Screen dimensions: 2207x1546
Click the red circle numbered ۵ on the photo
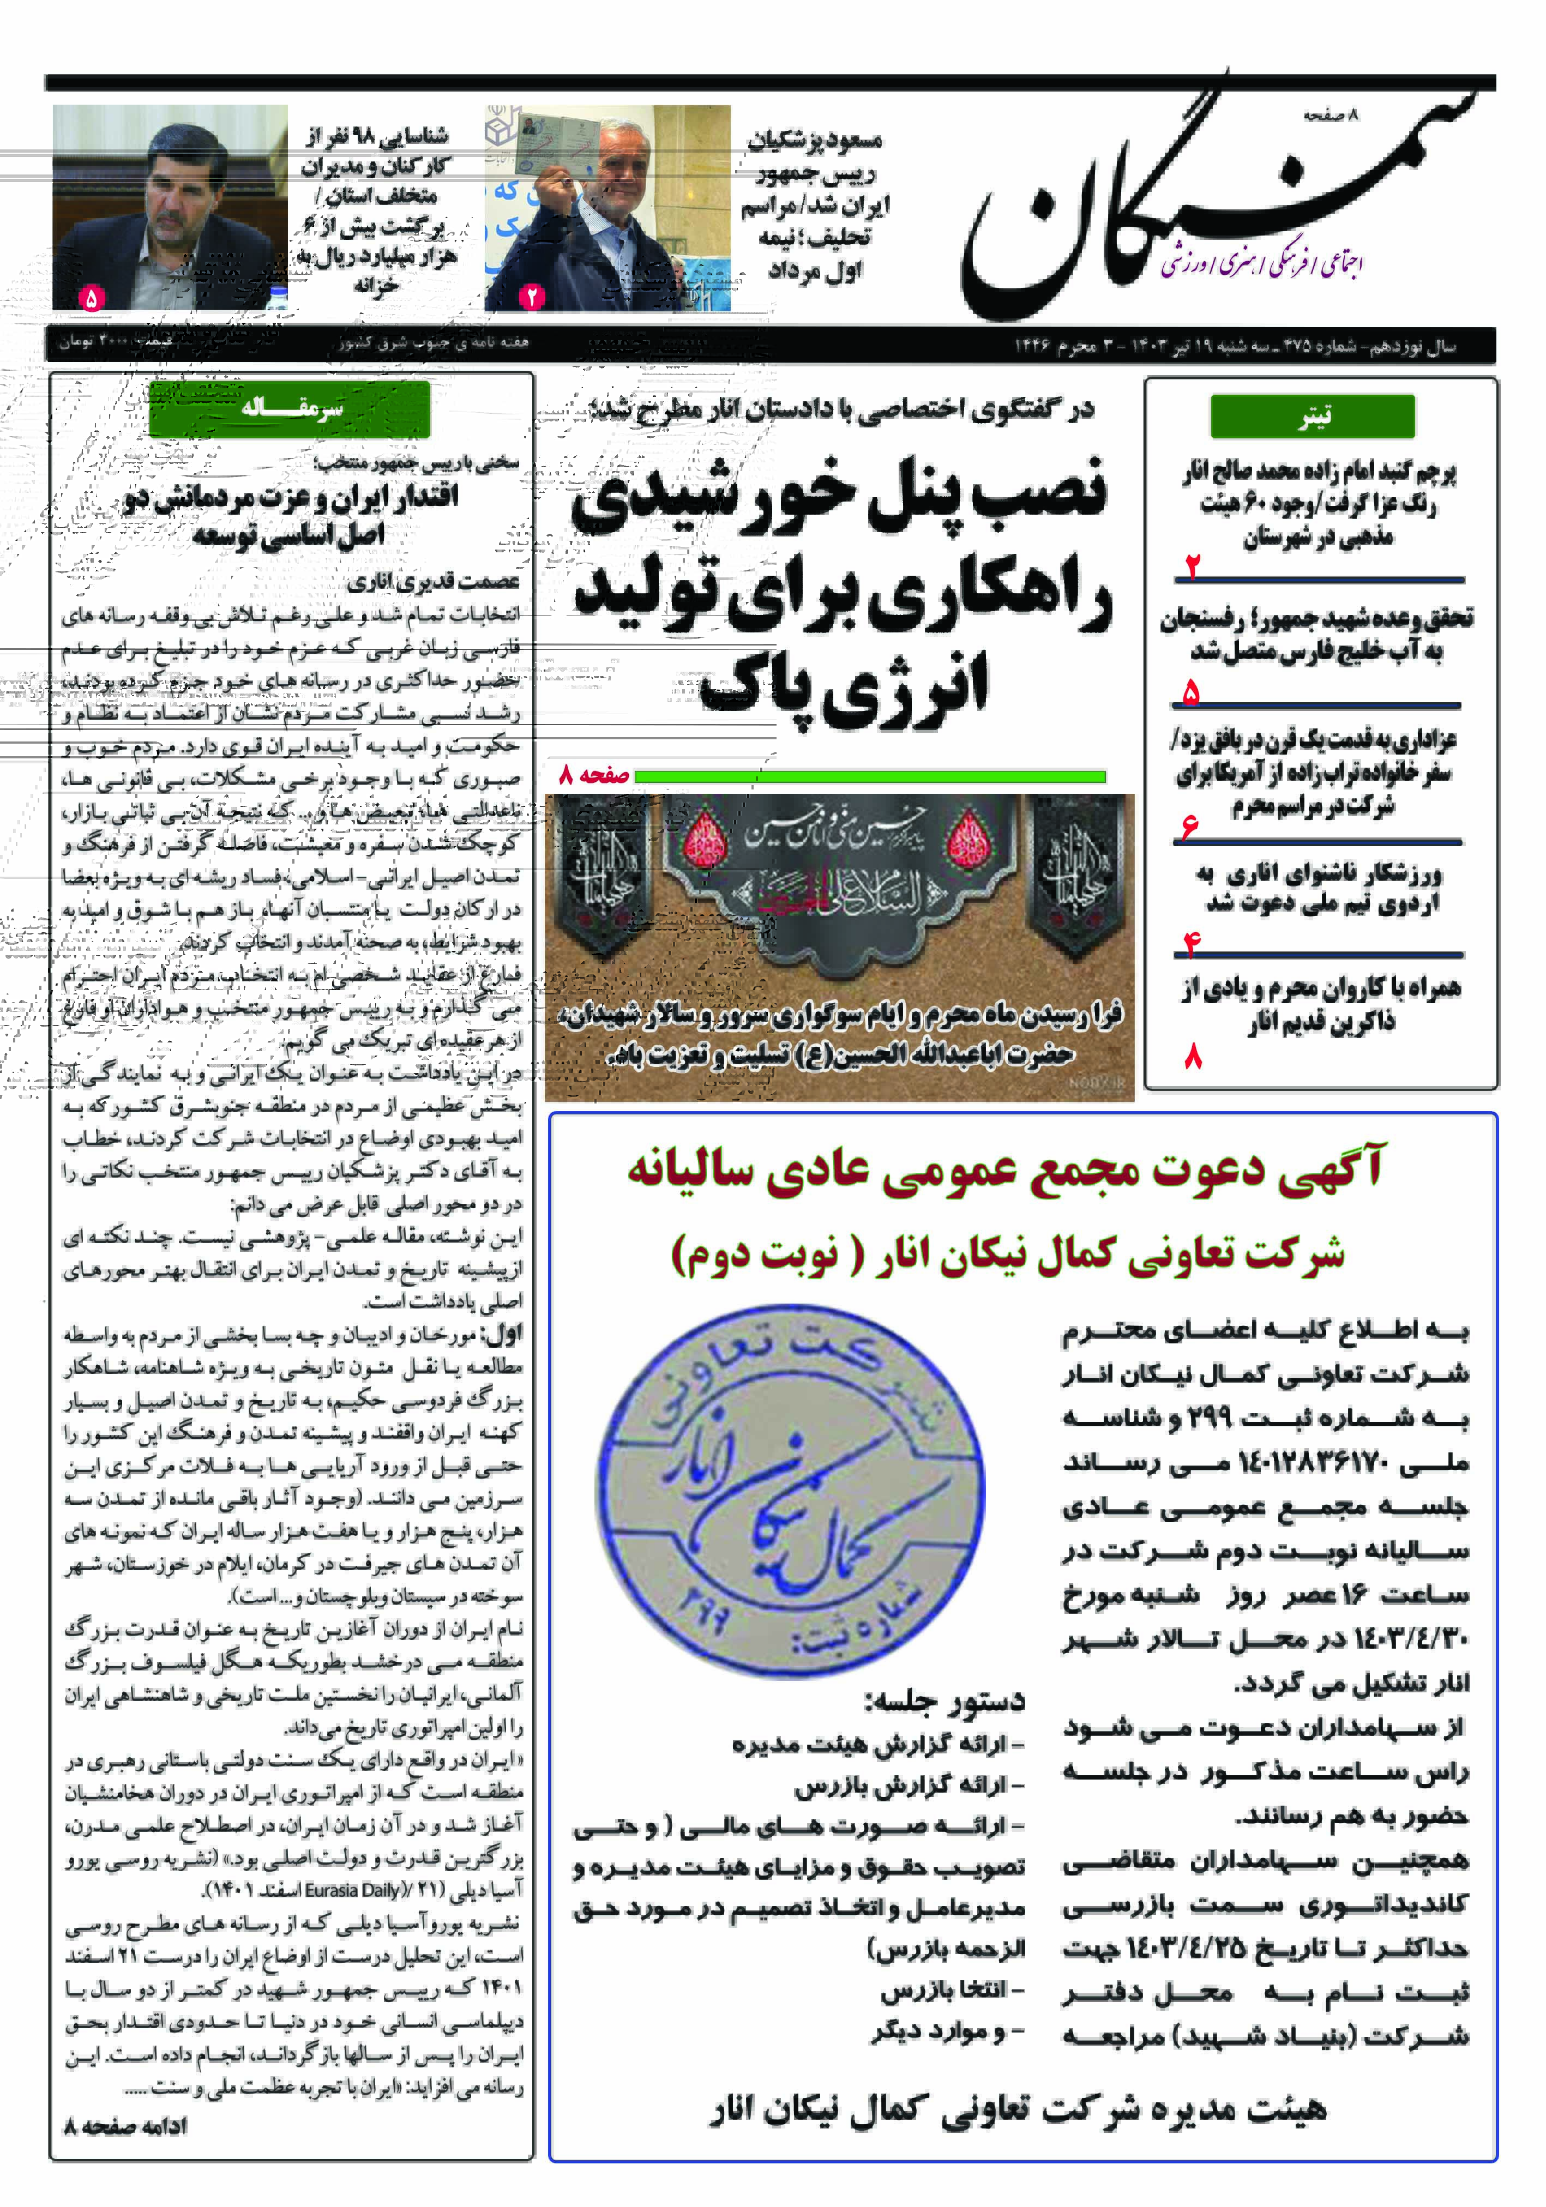click(x=91, y=298)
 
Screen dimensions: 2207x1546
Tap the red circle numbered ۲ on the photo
click(x=532, y=297)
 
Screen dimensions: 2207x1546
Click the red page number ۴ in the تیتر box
click(x=1192, y=945)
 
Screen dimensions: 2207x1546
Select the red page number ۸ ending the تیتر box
click(x=1193, y=1058)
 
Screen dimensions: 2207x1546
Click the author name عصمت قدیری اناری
click(x=432, y=581)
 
